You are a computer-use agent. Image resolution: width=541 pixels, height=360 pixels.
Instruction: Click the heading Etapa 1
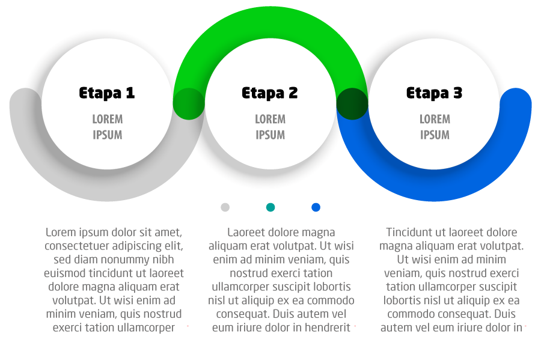107,93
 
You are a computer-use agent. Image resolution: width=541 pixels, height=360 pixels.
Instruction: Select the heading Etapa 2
270,93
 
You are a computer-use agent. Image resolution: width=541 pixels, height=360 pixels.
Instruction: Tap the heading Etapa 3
434,93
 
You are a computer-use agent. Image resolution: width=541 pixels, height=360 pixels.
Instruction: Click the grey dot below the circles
225,207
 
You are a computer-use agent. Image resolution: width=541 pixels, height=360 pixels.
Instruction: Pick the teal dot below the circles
270,207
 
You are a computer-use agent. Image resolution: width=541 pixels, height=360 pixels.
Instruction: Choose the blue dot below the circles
316,207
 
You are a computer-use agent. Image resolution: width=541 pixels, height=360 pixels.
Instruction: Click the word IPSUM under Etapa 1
107,135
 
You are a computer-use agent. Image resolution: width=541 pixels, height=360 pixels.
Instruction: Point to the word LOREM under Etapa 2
270,119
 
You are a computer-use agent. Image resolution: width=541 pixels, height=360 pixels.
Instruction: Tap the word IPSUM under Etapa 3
435,135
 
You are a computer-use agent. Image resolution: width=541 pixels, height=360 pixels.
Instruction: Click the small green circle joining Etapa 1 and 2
188,103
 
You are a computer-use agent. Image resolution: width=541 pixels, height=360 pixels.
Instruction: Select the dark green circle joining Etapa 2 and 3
352,103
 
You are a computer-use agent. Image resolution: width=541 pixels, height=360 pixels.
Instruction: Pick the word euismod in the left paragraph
66,273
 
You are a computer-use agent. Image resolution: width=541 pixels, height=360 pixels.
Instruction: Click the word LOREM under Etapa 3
435,119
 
